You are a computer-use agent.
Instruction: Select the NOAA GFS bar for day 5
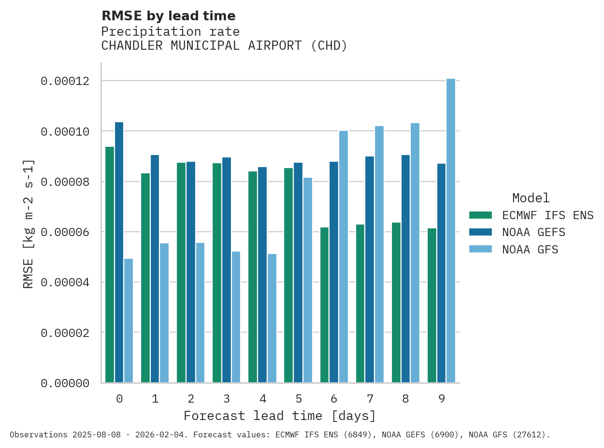click(x=307, y=280)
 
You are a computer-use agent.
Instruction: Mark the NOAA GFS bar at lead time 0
click(x=129, y=321)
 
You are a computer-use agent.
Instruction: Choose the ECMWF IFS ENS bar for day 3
click(x=217, y=273)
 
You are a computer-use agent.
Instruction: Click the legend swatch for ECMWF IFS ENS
click(x=480, y=215)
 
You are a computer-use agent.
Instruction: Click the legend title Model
click(x=531, y=198)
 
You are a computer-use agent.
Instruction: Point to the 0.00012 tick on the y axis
click(x=65, y=81)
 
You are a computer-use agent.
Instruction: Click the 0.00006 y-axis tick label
click(x=65, y=232)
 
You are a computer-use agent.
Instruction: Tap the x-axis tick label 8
click(x=405, y=399)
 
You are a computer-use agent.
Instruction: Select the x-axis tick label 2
click(x=191, y=399)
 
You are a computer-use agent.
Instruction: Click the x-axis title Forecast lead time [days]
click(x=280, y=416)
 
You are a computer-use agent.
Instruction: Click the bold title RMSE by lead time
click(x=168, y=16)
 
